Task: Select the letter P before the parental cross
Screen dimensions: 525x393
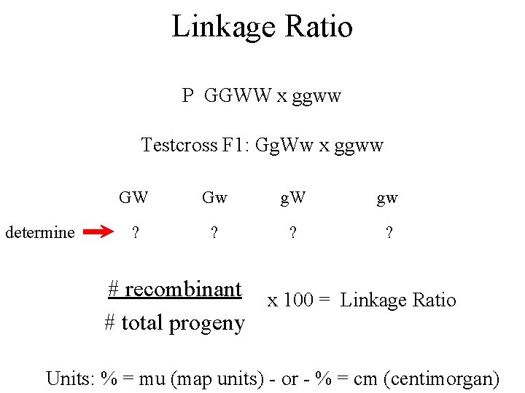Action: [x=188, y=95]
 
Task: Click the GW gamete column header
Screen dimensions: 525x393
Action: [x=133, y=197]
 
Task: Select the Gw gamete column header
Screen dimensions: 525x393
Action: [x=214, y=197]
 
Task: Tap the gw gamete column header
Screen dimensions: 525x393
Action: [x=387, y=198]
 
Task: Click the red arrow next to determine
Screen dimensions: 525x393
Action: [x=97, y=232]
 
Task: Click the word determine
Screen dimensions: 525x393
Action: [x=40, y=232]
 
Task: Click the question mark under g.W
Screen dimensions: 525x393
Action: [x=292, y=232]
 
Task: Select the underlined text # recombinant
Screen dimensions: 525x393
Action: [x=174, y=290]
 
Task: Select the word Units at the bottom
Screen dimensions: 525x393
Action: [x=71, y=378]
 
